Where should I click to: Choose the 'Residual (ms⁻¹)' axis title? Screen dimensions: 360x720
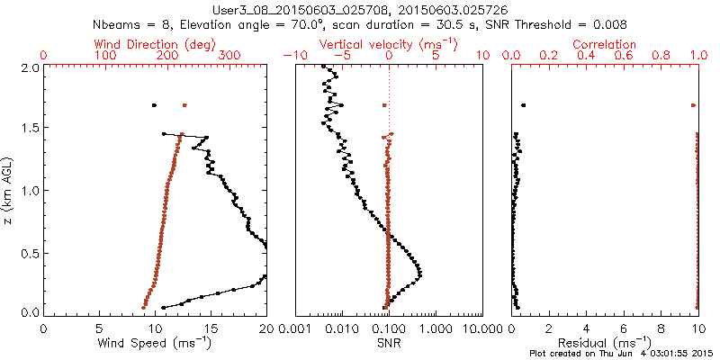point(605,343)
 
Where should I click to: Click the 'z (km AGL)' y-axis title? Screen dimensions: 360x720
point(9,189)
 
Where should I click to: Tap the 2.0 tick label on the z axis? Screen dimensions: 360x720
point(30,67)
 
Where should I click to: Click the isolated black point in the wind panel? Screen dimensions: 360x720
point(154,105)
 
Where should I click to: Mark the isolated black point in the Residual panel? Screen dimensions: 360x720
point(523,105)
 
